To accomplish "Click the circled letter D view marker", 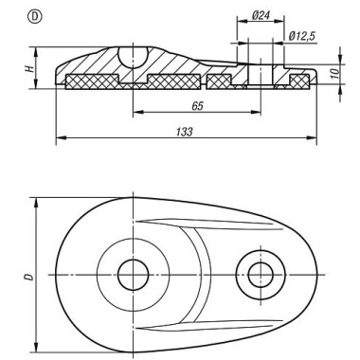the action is click(x=35, y=17).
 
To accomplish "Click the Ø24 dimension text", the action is click(x=261, y=15).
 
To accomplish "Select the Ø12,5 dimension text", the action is click(x=302, y=36).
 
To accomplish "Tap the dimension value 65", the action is click(x=197, y=106).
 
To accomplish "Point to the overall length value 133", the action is click(x=184, y=132).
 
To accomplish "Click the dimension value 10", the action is click(x=335, y=72).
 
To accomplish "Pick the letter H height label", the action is click(x=29, y=68).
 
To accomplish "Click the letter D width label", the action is click(x=29, y=277).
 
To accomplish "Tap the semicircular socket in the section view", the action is click(x=133, y=58).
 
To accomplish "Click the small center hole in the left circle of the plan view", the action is click(x=133, y=275).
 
